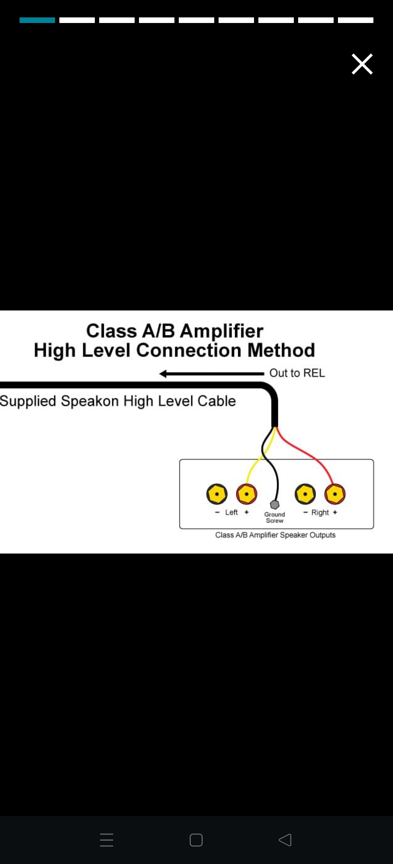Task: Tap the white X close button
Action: point(362,64)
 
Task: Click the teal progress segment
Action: point(37,20)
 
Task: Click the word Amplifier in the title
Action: point(221,331)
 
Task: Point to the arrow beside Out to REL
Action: point(211,373)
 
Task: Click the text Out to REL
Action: point(297,373)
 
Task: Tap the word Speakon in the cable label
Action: point(90,401)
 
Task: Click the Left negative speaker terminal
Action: point(217,494)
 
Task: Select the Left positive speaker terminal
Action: point(247,494)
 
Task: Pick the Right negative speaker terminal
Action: point(305,494)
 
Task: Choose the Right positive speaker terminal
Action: point(335,494)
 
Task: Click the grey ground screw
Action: point(275,504)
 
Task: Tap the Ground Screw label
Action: point(275,517)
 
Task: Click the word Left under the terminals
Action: point(231,512)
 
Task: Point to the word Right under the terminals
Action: point(320,512)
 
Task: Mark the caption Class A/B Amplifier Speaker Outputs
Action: point(275,535)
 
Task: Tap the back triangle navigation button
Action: point(285,840)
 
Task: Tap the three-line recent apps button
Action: point(107,840)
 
